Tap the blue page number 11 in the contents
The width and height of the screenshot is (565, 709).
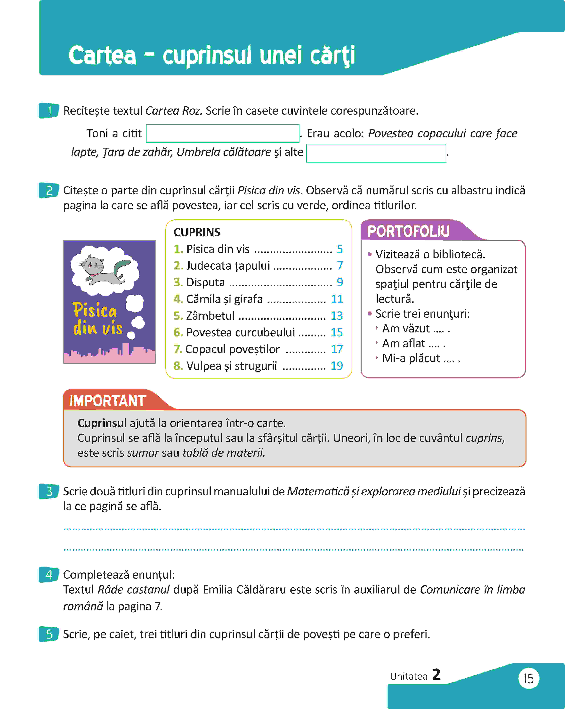click(x=337, y=299)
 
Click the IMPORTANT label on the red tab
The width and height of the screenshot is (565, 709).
click(x=108, y=401)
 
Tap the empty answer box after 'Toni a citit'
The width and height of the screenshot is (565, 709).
click(x=222, y=134)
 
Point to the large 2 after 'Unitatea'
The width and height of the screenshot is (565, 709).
click(x=436, y=674)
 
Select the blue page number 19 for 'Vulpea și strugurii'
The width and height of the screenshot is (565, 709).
click(x=337, y=366)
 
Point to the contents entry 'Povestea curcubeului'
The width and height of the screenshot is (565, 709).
click(x=240, y=332)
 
